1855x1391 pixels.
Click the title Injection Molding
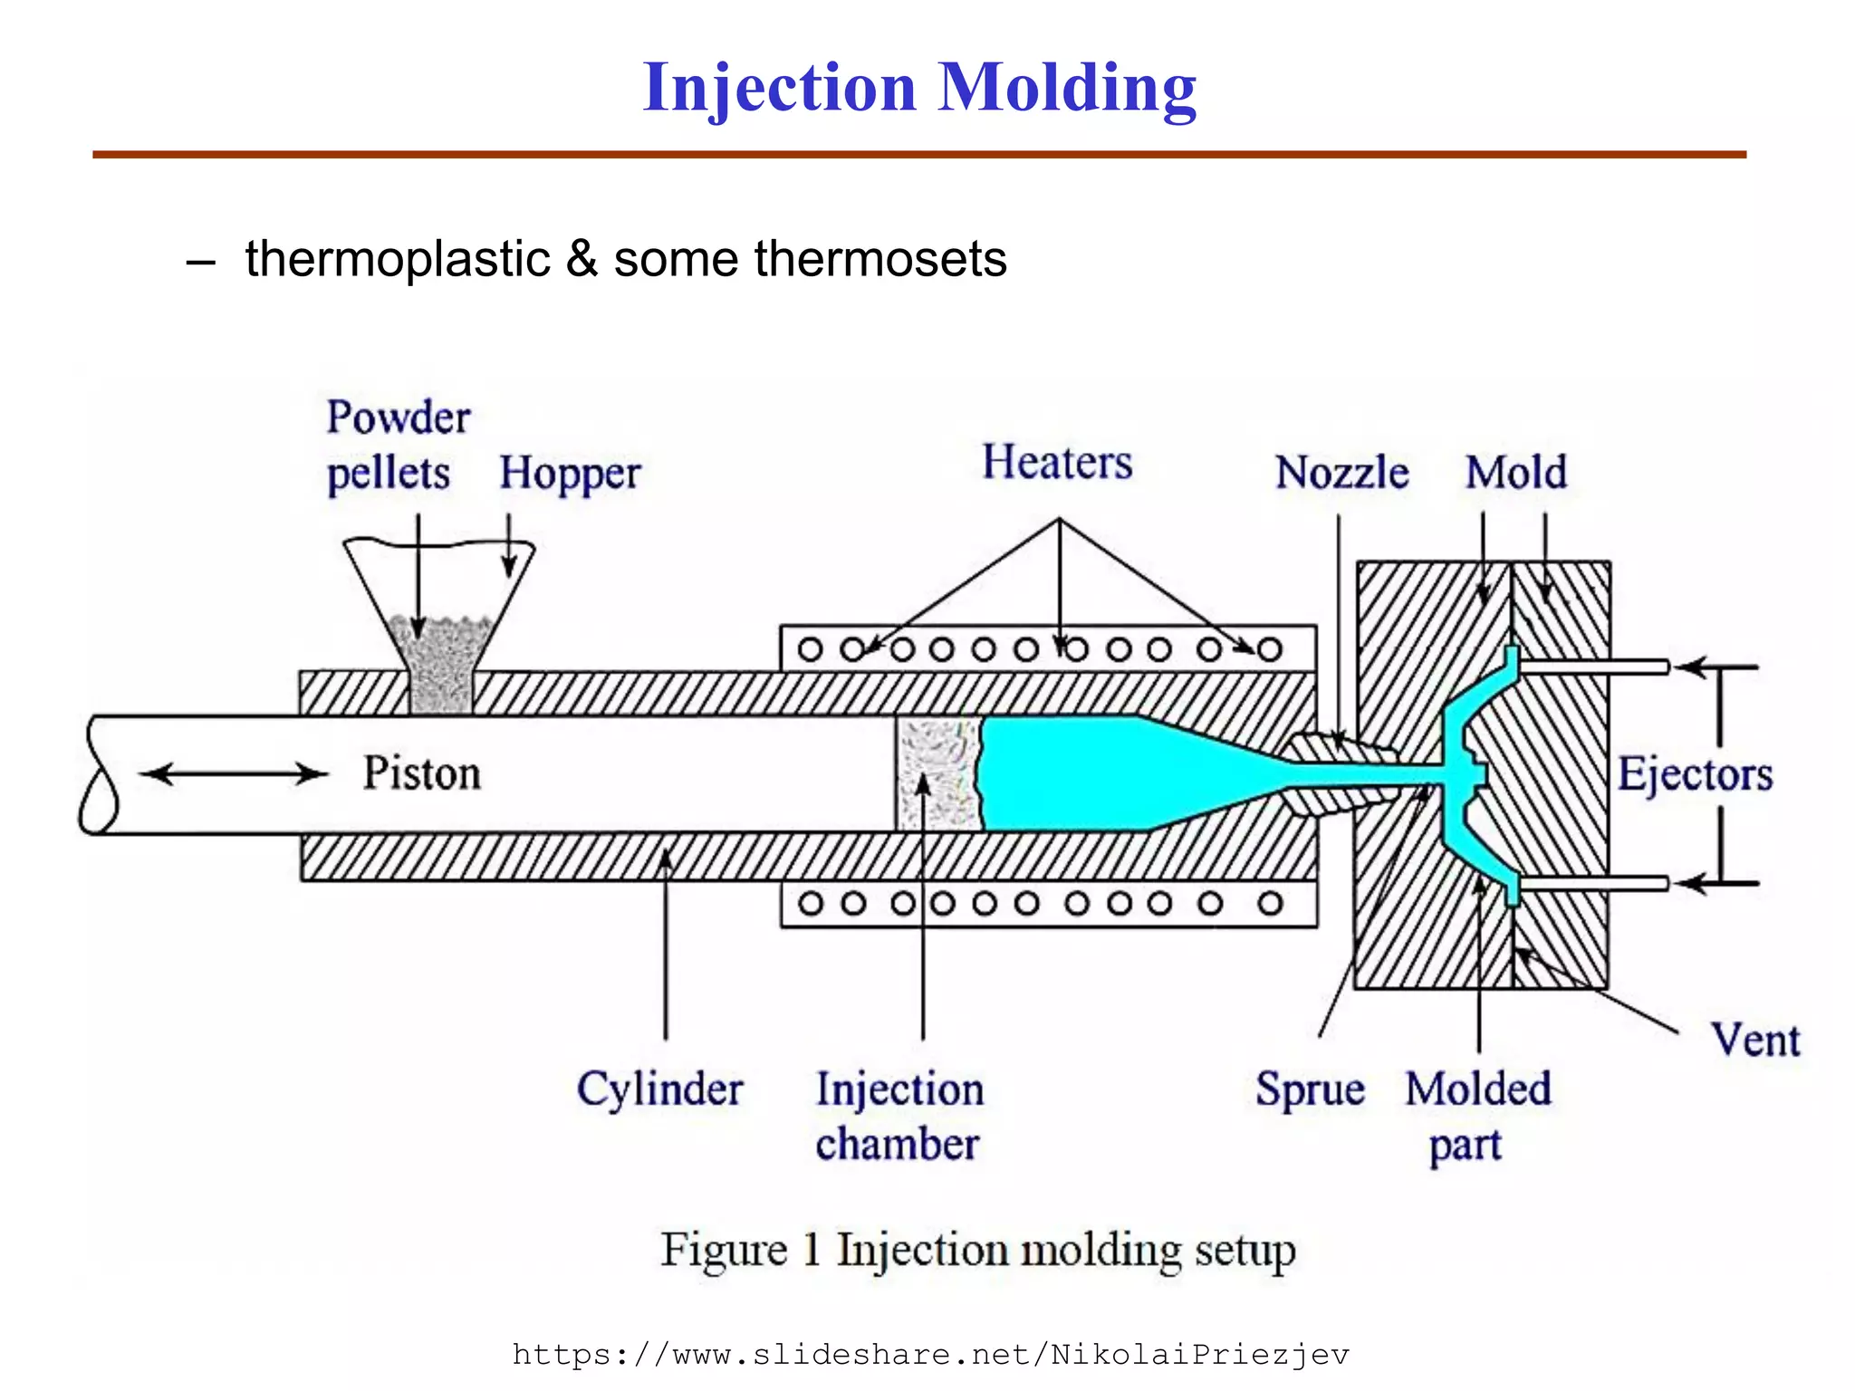[x=918, y=88]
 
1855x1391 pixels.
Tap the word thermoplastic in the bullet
[x=398, y=259]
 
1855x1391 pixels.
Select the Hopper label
[x=570, y=474]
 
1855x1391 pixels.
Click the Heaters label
[x=1057, y=463]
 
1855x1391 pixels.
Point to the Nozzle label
[x=1341, y=473]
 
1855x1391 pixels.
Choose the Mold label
[x=1515, y=473]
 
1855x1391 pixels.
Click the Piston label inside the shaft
[x=421, y=773]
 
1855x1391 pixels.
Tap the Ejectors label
[x=1695, y=774]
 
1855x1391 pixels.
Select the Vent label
[x=1754, y=1040]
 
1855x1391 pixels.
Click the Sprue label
[x=1310, y=1089]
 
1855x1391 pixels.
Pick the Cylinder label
[x=659, y=1089]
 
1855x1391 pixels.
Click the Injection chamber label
[x=899, y=1116]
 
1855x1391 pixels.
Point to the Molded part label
[x=1477, y=1116]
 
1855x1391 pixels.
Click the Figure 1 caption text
[x=977, y=1251]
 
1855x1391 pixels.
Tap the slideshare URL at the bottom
[x=930, y=1355]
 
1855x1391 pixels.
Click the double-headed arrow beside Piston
[x=235, y=773]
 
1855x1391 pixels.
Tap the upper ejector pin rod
[x=1594, y=667]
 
